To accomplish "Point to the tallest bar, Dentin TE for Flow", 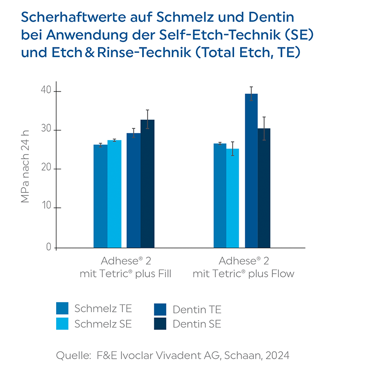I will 251,171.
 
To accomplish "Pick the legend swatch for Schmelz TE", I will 63,308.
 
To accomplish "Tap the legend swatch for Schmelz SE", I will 63,323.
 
